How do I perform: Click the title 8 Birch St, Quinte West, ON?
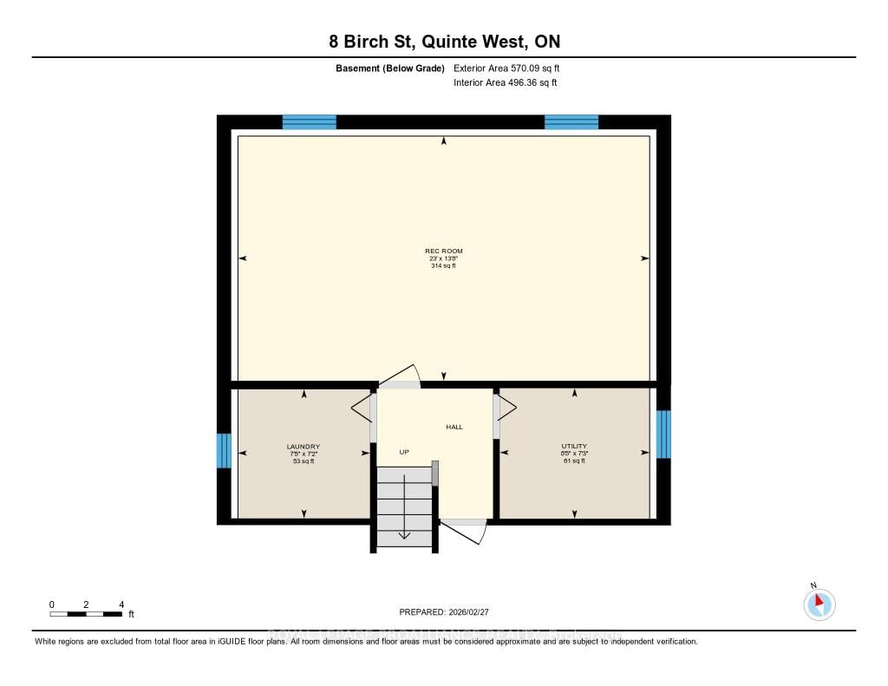(x=444, y=42)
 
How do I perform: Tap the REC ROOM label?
(x=444, y=252)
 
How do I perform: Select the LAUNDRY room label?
(x=304, y=447)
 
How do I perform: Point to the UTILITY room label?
(x=574, y=447)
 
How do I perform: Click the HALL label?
(x=454, y=427)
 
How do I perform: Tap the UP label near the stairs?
(x=404, y=452)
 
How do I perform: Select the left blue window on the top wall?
(x=310, y=122)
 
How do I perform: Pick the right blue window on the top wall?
(x=571, y=122)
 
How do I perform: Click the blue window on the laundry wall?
(x=224, y=450)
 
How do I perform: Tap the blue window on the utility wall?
(x=663, y=434)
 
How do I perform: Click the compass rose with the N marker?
(x=819, y=604)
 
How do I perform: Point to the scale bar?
(x=86, y=614)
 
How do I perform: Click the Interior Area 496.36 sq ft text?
(x=505, y=83)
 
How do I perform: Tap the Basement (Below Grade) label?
(x=390, y=68)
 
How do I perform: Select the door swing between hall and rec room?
(x=399, y=376)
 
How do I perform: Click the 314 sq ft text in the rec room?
(x=444, y=266)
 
